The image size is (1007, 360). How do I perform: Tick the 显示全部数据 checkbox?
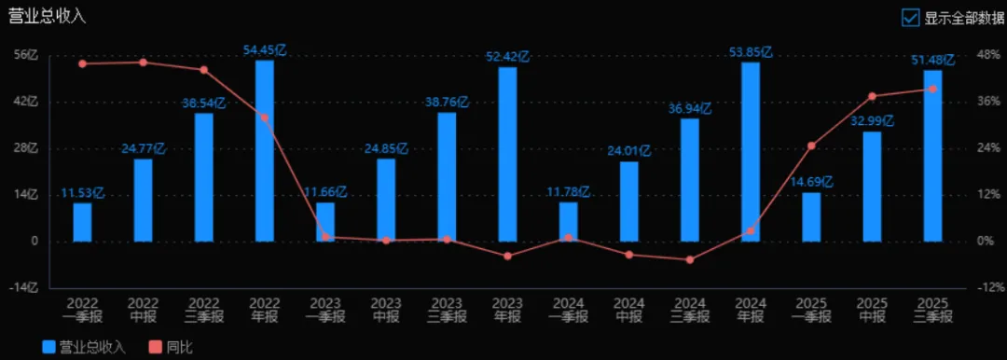(911, 18)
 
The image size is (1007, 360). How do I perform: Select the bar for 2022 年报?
(265, 151)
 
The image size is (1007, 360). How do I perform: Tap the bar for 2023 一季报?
(325, 222)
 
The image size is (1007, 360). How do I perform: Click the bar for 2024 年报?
(750, 152)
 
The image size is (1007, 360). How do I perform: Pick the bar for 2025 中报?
(872, 187)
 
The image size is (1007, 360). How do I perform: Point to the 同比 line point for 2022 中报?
(144, 62)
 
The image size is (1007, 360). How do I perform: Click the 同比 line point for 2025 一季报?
(811, 145)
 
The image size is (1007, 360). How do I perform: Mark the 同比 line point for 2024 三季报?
(690, 259)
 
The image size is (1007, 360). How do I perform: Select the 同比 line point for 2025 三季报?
(932, 89)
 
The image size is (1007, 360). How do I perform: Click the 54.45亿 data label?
(265, 50)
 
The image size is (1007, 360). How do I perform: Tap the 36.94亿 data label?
(690, 108)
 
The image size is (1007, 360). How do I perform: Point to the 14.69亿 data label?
(811, 183)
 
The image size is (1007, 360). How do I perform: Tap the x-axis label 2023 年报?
(507, 310)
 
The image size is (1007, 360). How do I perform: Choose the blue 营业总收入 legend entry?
(84, 347)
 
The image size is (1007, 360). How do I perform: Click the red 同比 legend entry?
(171, 347)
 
